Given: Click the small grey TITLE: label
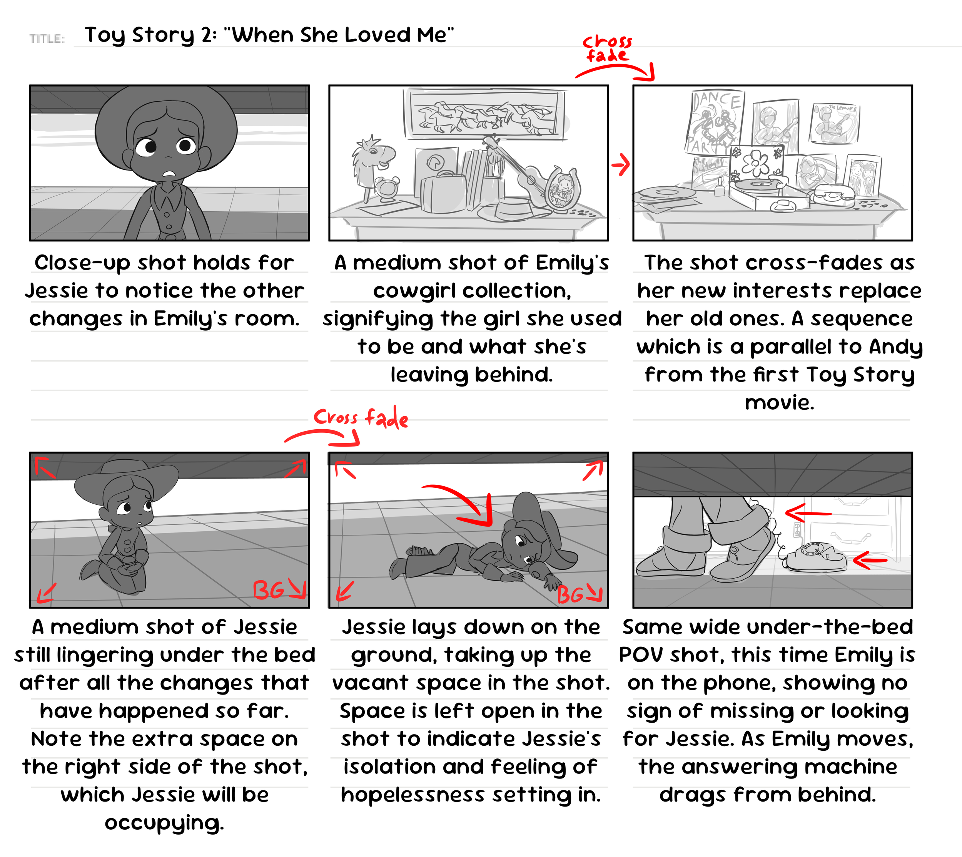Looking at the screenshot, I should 47,38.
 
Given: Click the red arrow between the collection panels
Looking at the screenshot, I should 621,165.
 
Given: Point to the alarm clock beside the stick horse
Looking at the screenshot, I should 387,189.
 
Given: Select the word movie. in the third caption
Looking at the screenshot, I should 779,403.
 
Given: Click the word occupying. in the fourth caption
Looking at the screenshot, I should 164,823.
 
